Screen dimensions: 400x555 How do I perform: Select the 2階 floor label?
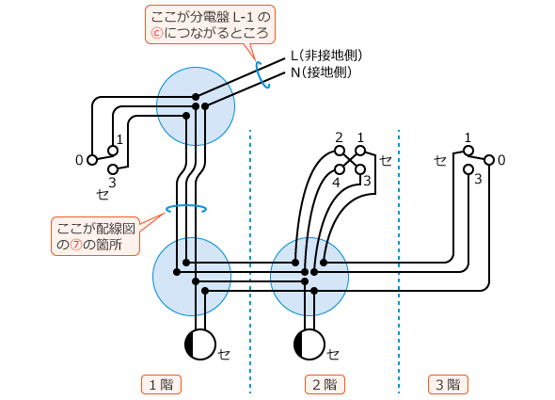(325, 384)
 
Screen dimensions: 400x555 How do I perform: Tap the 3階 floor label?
(447, 384)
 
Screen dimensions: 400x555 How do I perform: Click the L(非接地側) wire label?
(326, 56)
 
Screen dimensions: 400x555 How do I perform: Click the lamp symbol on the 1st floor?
(200, 344)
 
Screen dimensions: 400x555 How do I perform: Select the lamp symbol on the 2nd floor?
(309, 344)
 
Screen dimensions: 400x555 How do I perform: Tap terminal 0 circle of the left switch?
(92, 160)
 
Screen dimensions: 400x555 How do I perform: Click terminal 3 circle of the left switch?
(113, 169)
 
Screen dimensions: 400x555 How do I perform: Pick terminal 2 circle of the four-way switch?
(340, 150)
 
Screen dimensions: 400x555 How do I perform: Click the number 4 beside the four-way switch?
(336, 181)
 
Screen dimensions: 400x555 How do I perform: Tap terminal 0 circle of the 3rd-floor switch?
(489, 160)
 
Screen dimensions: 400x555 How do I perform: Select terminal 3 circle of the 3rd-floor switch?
(468, 169)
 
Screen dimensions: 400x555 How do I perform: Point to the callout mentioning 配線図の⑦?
(97, 236)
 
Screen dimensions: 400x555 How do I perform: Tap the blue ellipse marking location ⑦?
(186, 209)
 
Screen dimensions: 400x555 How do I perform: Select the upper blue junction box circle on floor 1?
(196, 105)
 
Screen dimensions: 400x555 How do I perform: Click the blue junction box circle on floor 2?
(309, 277)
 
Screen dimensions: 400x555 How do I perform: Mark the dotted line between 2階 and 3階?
(399, 254)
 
